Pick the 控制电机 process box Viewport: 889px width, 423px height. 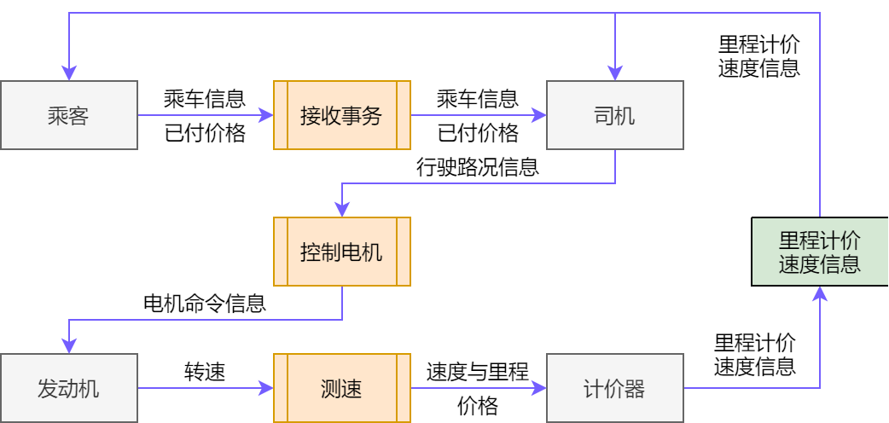341,252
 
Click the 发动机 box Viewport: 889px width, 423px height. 68,390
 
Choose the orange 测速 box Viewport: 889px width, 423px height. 341,390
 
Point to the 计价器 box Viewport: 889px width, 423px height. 614,390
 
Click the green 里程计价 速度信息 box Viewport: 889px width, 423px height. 819,252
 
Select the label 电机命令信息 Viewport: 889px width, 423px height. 204,304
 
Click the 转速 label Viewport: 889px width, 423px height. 204,371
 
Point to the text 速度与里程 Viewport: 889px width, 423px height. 477,371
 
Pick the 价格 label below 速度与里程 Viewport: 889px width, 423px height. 477,407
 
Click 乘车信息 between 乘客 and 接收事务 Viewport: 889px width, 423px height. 204,98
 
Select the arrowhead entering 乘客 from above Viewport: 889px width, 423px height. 68,73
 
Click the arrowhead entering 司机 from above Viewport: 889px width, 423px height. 614,73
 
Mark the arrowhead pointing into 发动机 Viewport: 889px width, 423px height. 68,347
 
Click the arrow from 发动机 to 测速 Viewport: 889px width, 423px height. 205,389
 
